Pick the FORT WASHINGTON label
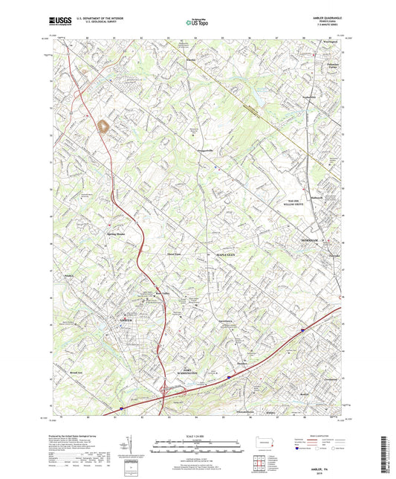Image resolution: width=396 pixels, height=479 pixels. click(x=188, y=370)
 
